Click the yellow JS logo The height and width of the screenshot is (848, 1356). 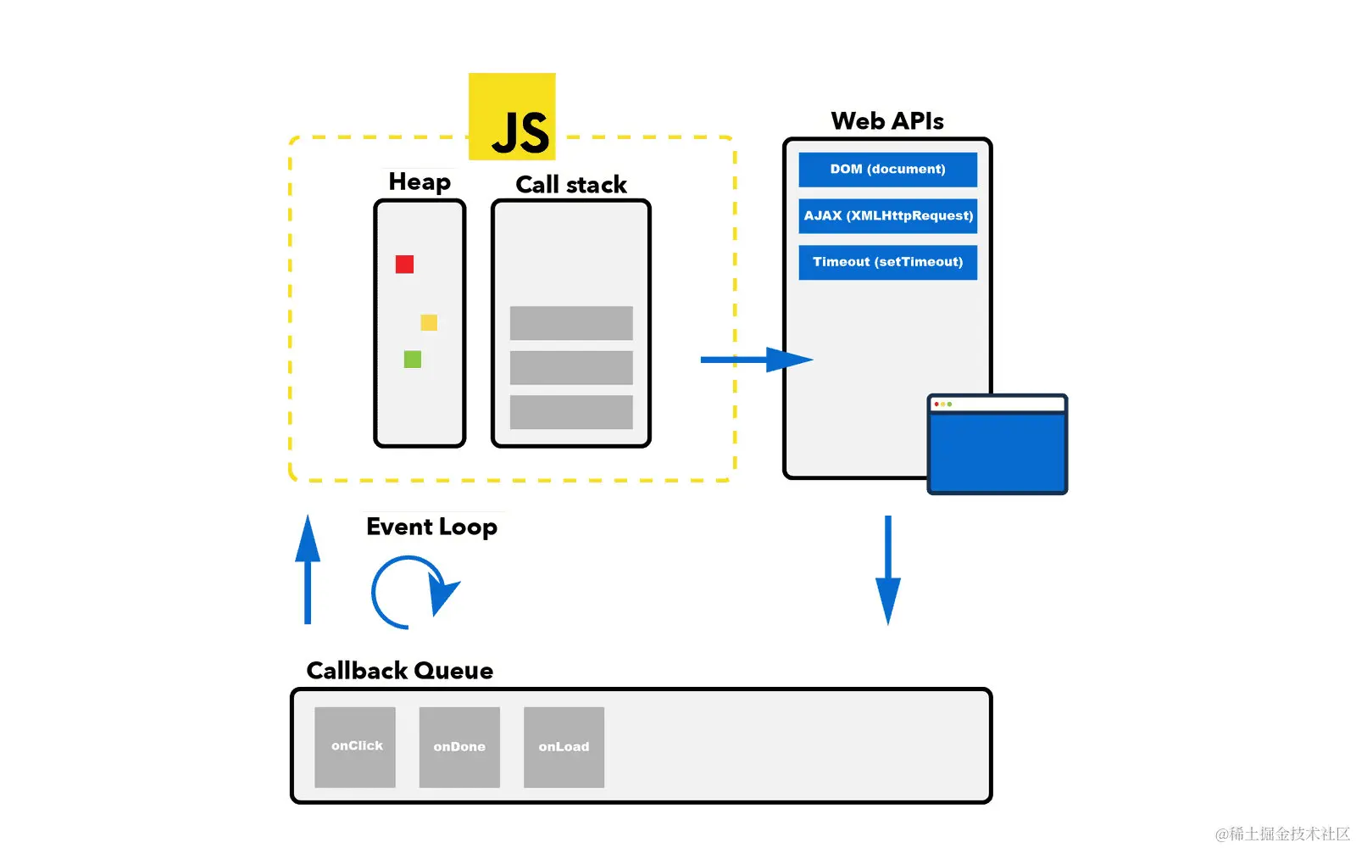click(512, 116)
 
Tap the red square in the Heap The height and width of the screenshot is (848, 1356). click(404, 265)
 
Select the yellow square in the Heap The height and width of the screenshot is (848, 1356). click(429, 322)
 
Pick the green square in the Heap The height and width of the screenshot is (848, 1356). click(413, 360)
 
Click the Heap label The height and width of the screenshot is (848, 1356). click(420, 181)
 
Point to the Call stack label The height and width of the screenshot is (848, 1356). click(570, 184)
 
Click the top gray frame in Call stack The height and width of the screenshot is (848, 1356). click(571, 323)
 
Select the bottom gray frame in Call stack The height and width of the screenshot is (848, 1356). click(571, 412)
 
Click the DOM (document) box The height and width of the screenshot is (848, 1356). click(887, 170)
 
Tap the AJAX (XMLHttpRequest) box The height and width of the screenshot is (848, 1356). click(887, 215)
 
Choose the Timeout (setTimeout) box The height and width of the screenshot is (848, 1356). click(887, 262)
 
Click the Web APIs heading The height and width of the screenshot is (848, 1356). click(886, 121)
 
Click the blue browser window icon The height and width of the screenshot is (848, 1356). click(997, 444)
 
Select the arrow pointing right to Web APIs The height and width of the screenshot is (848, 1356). click(754, 360)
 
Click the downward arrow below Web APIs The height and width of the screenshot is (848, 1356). click(887, 570)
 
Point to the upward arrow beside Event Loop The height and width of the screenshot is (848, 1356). click(308, 570)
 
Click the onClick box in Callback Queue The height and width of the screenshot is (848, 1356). click(355, 747)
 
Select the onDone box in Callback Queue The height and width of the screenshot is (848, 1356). click(459, 747)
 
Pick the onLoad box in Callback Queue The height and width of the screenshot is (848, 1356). click(564, 747)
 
